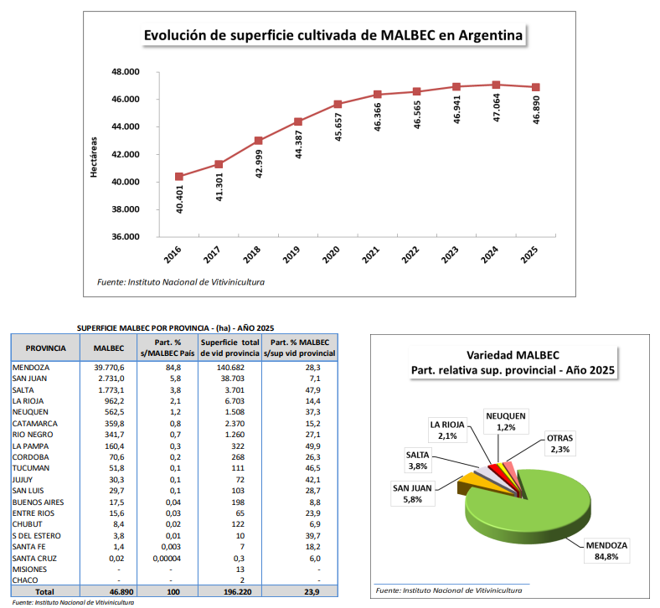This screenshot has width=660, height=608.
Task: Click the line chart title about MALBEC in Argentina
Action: coord(333,35)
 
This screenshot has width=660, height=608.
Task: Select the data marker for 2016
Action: coord(179,177)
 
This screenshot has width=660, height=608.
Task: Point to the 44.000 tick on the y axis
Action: coord(125,126)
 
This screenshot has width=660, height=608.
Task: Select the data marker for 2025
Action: coord(535,87)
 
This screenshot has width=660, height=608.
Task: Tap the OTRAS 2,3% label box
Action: coord(559,444)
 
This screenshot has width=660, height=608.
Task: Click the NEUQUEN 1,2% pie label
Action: coord(506,421)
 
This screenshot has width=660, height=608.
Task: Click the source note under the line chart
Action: coord(181,282)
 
